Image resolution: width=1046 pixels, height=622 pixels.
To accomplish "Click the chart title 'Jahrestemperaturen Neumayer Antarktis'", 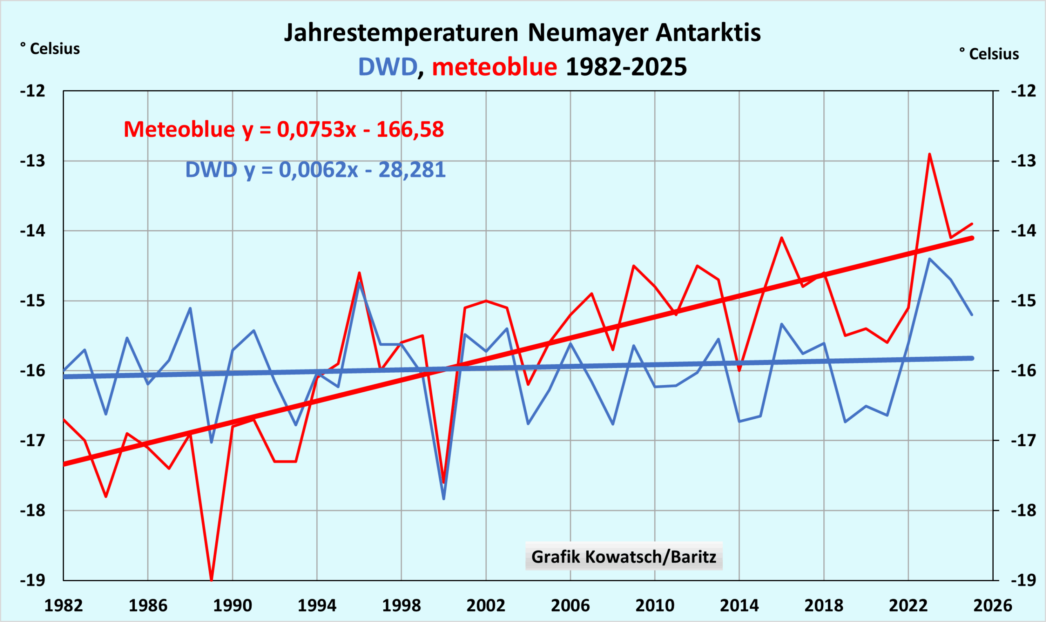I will [x=522, y=33].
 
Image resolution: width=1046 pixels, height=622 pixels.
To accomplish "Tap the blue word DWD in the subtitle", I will [x=388, y=67].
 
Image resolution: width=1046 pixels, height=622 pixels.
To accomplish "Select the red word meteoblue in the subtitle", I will [x=494, y=67].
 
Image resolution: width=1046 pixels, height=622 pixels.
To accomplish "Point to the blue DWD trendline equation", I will [x=315, y=170].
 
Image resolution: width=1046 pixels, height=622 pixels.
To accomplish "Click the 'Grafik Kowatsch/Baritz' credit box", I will [x=624, y=557].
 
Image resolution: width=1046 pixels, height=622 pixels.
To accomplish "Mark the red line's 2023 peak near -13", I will [x=930, y=154].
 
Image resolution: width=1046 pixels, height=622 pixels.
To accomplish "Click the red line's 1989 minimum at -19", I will [x=212, y=580].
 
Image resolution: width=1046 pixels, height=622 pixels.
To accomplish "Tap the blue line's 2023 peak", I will [x=930, y=259].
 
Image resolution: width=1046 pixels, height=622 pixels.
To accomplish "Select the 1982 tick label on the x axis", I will [x=64, y=606].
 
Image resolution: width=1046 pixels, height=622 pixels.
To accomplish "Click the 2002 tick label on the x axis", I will [x=486, y=606].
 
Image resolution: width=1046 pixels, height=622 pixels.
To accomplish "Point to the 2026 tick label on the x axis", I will [x=992, y=606].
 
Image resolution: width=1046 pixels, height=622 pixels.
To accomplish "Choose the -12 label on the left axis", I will [x=33, y=91].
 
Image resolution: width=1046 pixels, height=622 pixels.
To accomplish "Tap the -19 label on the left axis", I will [x=33, y=580].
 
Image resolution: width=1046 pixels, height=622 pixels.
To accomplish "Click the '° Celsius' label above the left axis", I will [x=50, y=49].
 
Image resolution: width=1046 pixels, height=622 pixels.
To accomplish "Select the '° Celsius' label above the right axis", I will [x=989, y=54].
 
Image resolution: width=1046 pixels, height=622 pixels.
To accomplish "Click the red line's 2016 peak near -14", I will [x=782, y=238].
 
